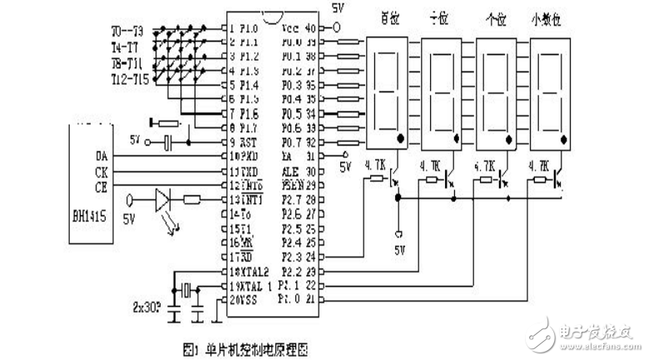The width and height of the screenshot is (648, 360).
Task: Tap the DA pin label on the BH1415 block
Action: (x=101, y=155)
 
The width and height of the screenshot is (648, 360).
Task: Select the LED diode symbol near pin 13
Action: (x=164, y=200)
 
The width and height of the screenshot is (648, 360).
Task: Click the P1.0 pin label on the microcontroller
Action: (x=248, y=27)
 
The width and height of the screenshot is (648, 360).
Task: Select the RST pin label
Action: (x=247, y=142)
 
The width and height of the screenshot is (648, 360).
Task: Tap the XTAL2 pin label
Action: (x=250, y=271)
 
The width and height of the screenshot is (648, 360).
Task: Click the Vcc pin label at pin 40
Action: (x=290, y=27)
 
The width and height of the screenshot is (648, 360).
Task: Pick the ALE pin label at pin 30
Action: (x=290, y=170)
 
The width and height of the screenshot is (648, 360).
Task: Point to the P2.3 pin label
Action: (x=291, y=257)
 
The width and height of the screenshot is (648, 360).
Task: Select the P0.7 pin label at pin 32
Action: (x=290, y=142)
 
